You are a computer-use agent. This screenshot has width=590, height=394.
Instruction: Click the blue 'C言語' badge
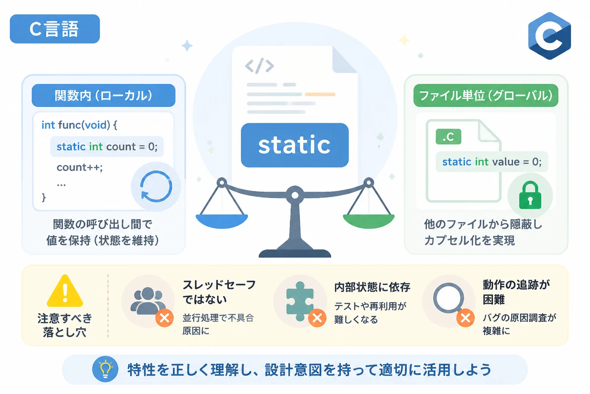tap(55, 29)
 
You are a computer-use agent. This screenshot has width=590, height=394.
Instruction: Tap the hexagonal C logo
tap(549, 36)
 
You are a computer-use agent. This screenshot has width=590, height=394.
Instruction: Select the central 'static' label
tap(295, 145)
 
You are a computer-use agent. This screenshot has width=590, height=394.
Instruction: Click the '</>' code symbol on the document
tap(259, 66)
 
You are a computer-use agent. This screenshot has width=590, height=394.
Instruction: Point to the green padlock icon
tap(530, 195)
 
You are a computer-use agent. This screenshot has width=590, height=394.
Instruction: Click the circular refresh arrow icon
tap(156, 187)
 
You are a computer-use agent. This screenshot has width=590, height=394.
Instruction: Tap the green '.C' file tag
tap(448, 137)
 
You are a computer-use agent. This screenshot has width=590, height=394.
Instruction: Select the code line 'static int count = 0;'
tap(107, 147)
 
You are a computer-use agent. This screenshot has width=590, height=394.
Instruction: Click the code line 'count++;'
tap(80, 167)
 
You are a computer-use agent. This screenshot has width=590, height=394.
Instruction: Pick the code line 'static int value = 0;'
tap(492, 162)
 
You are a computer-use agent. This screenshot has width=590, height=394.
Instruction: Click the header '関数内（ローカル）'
tap(103, 95)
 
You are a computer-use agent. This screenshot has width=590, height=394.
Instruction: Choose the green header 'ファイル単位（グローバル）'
tap(486, 95)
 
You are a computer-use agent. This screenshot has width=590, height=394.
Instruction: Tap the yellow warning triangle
tap(65, 291)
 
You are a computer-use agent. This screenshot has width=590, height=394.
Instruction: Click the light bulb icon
tap(105, 369)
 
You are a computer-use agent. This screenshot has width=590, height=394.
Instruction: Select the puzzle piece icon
tap(300, 301)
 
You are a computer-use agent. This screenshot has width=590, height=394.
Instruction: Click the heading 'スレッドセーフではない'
tap(219, 292)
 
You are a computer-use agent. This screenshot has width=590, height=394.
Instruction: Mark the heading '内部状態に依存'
tap(372, 287)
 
